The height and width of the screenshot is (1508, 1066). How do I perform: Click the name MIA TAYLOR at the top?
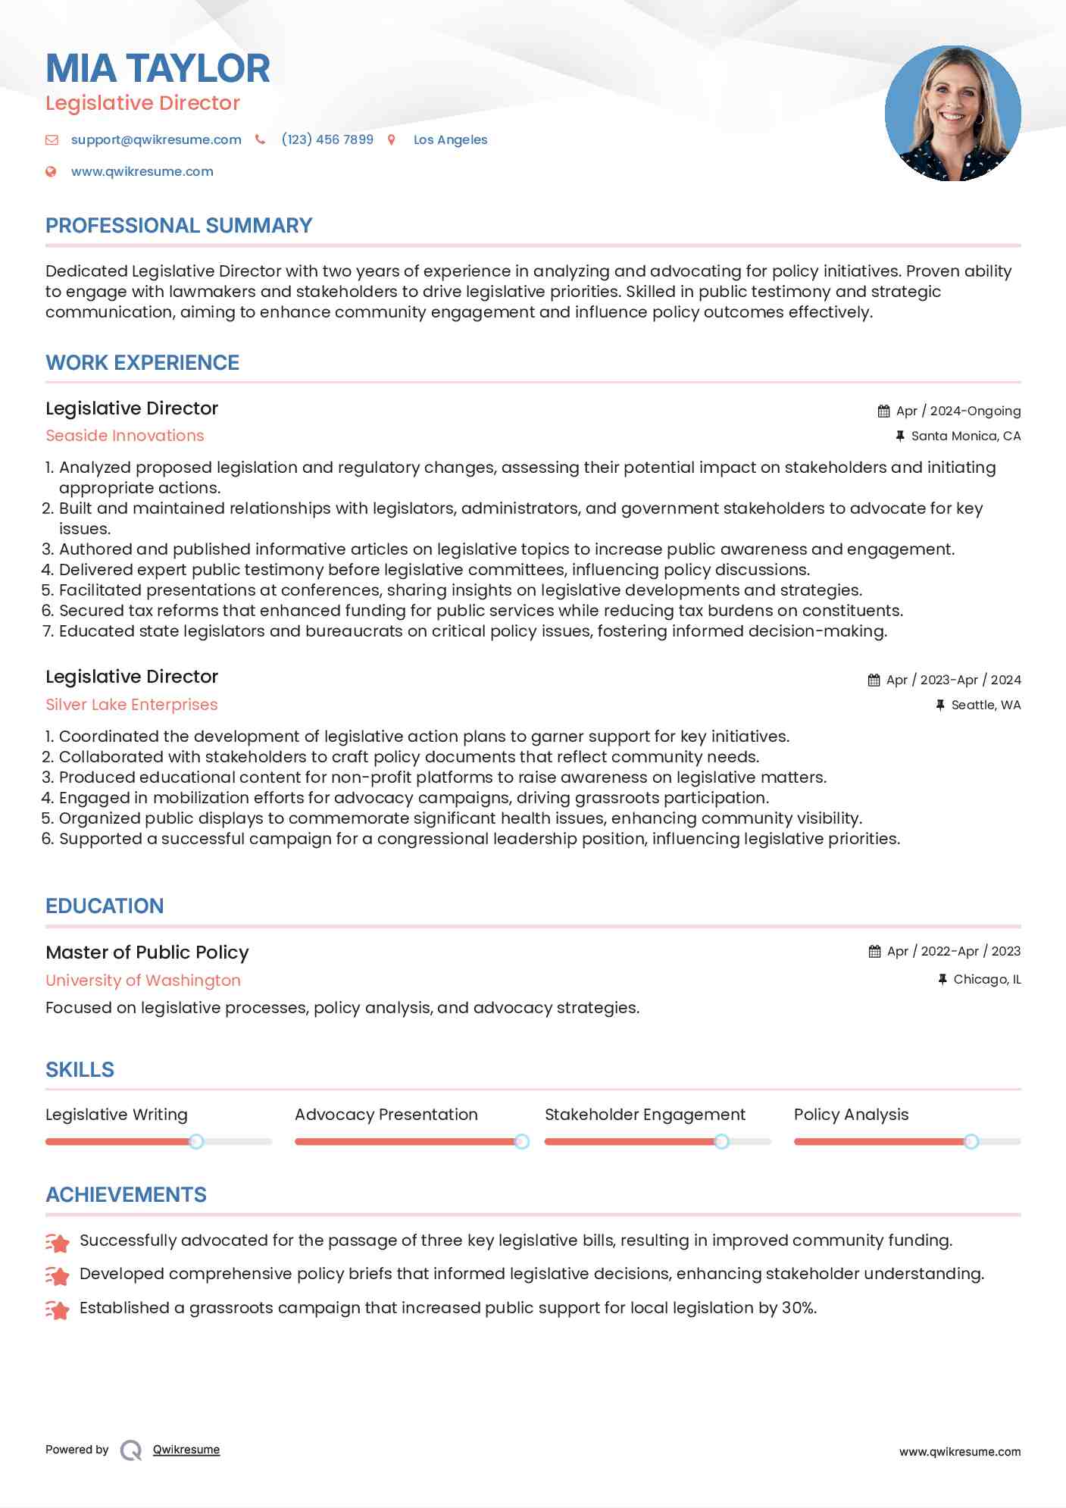pos(158,68)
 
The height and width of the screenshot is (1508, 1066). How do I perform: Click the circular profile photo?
pos(952,114)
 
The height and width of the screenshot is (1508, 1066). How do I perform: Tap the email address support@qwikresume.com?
pos(156,139)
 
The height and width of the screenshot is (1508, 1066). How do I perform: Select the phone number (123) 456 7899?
pos(327,139)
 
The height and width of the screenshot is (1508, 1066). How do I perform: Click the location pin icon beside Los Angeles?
pos(392,139)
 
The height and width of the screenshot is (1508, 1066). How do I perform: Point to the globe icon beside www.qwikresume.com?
pos(52,171)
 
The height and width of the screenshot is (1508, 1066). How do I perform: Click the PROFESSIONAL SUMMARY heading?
pos(179,226)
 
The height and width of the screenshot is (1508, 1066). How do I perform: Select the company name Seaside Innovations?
pos(125,436)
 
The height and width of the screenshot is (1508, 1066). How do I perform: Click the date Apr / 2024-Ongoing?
pos(958,411)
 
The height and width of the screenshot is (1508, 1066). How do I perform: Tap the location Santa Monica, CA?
pos(965,436)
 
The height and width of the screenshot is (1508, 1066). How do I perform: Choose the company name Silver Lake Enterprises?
pos(132,705)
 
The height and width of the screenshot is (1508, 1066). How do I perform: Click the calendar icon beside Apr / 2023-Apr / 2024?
pos(874,680)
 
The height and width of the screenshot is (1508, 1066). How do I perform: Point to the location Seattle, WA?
pos(986,705)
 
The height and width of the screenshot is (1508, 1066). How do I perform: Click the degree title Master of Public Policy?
pos(147,953)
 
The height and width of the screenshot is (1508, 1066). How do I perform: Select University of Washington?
pos(143,981)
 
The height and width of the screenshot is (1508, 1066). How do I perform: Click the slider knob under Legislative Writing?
pos(196,1141)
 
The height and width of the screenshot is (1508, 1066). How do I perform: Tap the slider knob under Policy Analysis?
pos(971,1141)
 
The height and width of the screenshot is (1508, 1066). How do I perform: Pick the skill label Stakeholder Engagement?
pos(645,1115)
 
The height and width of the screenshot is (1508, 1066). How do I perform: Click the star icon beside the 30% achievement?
pos(58,1309)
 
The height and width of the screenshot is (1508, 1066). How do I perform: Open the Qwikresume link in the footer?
pos(186,1450)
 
